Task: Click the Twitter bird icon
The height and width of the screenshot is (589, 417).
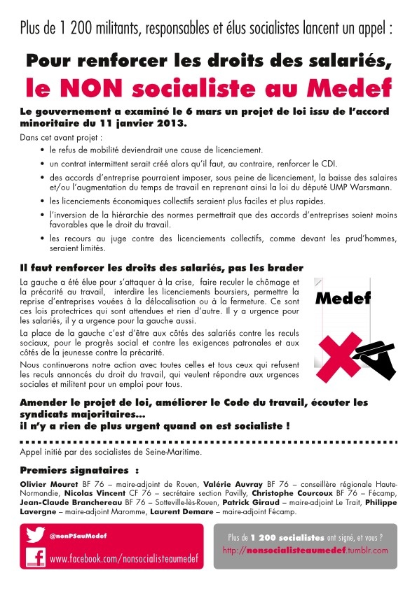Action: click(36, 535)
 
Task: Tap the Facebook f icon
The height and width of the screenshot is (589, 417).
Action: click(36, 557)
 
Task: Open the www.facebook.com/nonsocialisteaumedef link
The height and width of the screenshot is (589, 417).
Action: click(123, 559)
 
